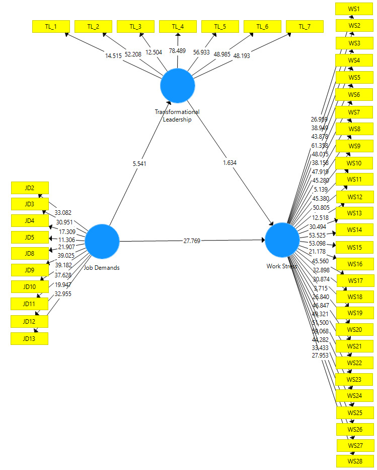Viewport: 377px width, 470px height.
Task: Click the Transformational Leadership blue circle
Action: point(178,86)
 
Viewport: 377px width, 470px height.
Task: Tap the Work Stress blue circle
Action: point(282,240)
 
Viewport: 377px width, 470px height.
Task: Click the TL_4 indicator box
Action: point(178,27)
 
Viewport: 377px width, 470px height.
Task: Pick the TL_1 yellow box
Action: point(51,27)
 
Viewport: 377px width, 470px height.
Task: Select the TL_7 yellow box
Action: point(305,27)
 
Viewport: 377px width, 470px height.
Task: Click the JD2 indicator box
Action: point(30,188)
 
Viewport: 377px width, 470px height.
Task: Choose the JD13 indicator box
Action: point(30,338)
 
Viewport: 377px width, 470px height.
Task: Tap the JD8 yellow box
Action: point(30,254)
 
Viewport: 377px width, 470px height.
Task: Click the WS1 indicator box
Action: point(354,9)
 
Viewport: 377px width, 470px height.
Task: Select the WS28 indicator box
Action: point(355,461)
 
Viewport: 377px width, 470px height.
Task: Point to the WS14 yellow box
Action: point(354,230)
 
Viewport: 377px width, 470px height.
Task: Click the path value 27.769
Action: point(192,241)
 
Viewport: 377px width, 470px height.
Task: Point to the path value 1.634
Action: point(229,163)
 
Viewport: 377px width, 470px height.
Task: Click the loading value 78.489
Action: point(178,51)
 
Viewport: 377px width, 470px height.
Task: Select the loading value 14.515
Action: point(113,56)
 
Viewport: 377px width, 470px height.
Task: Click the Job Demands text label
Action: point(102,268)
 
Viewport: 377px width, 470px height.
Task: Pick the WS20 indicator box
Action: point(354,330)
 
